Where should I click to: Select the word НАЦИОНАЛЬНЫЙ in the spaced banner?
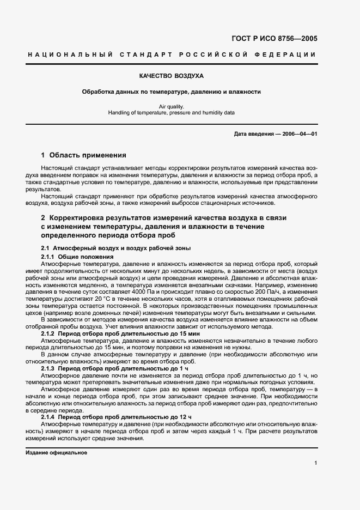69,55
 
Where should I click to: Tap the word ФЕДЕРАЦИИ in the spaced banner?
290,55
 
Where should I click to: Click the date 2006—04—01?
299,134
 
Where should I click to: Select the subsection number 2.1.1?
48,256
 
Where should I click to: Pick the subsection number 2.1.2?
48,332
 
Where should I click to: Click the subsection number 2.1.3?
48,369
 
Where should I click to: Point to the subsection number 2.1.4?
48,417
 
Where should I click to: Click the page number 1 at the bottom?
316,463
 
